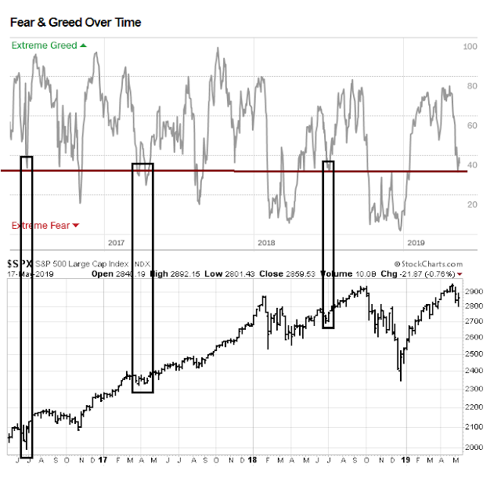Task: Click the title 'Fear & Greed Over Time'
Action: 75,22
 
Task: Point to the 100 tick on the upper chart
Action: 470,47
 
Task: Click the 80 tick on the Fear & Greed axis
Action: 471,86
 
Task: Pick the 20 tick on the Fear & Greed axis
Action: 471,205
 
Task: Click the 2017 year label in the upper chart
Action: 117,244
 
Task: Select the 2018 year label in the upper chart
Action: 266,244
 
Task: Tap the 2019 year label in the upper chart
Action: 416,244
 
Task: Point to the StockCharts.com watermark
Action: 430,265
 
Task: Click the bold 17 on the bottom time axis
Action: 103,461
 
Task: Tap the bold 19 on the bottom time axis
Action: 405,461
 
